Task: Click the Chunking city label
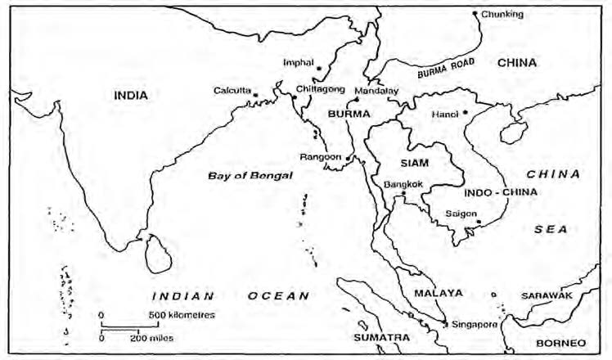[x=502, y=14]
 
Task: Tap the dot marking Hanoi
[x=465, y=112]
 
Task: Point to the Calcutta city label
[x=232, y=90]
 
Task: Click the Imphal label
[x=298, y=61]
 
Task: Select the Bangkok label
[x=403, y=184]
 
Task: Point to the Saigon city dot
[x=479, y=219]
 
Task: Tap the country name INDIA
[x=131, y=96]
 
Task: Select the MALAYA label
[x=438, y=292]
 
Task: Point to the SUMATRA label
[x=381, y=336]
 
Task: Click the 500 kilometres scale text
[x=182, y=314]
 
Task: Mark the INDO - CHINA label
[x=488, y=192]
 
